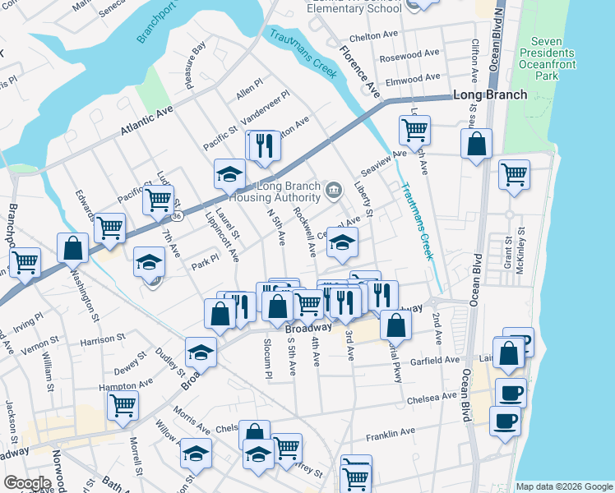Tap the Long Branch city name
pos(491,95)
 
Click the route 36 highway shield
pos(176,215)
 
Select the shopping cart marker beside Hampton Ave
pos(123,403)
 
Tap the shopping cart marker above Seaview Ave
pos(414,128)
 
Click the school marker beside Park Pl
pos(149,260)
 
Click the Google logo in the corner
pos(27,483)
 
